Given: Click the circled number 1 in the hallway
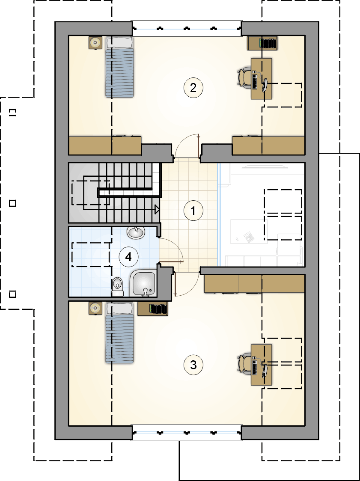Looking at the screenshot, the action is click(193, 211).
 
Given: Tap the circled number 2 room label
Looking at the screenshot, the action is click(193, 88).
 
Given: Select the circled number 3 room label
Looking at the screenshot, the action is click(193, 365).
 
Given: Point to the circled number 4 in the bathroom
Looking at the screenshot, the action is click(128, 257).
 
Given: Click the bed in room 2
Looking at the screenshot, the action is click(120, 67).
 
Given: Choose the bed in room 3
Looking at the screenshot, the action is click(120, 333).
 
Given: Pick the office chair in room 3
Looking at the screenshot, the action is click(245, 365).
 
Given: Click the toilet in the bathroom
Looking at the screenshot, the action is click(117, 287).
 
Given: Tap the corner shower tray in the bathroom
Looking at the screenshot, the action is click(143, 283).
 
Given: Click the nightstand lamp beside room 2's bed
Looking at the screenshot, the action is click(95, 43).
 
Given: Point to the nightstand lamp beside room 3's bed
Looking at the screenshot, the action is click(95, 308).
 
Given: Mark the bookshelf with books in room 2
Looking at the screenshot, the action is click(263, 43).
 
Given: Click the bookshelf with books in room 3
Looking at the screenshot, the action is click(153, 309).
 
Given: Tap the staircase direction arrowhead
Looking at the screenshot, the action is click(157, 210).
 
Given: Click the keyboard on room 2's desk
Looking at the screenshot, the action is click(255, 81).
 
